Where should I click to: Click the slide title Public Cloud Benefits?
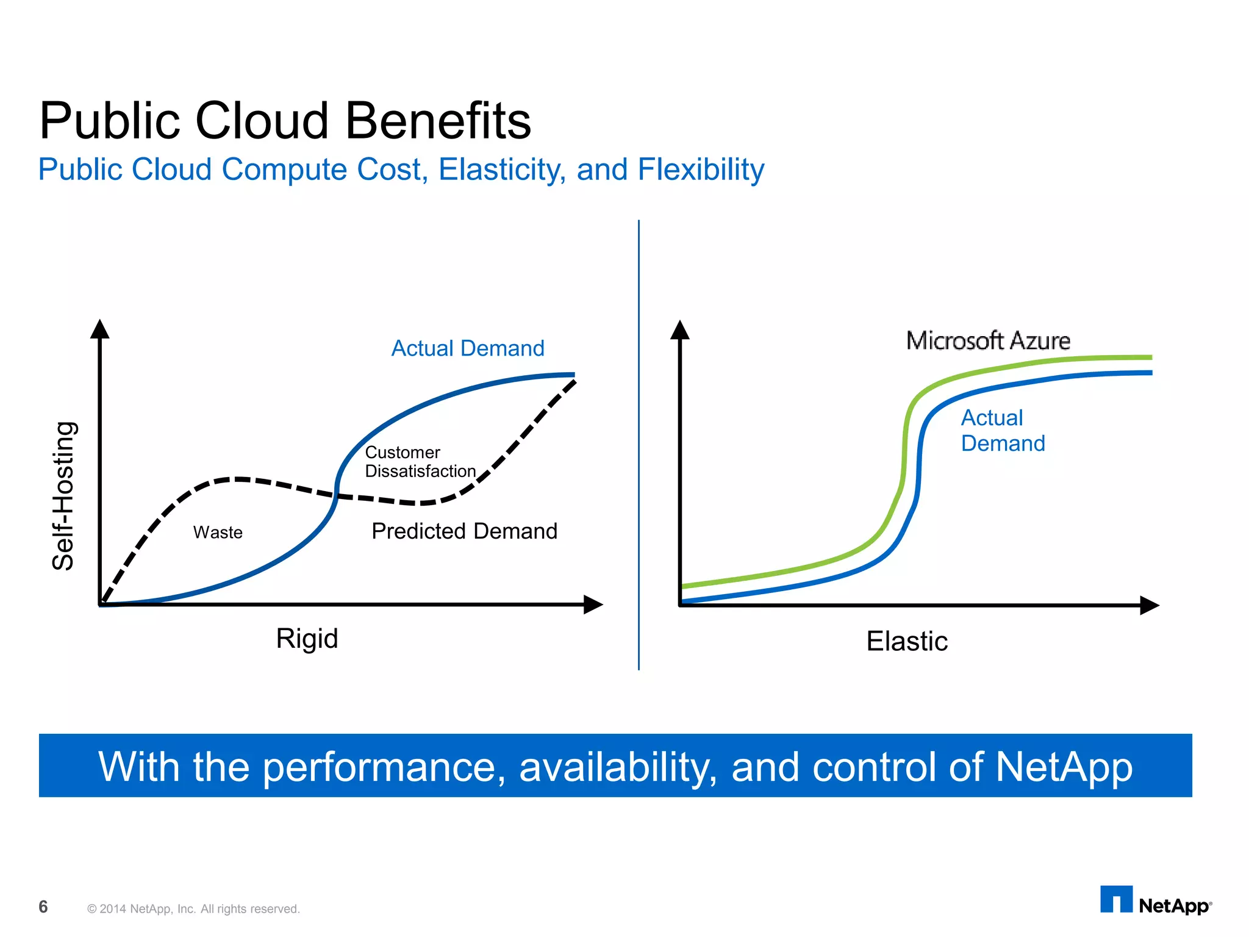(x=285, y=121)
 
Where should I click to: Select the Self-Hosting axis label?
(x=63, y=495)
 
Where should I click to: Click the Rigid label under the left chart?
(x=307, y=639)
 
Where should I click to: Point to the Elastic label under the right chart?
(x=907, y=641)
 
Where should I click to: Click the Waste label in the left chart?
(x=218, y=533)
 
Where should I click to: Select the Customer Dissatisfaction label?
(x=420, y=462)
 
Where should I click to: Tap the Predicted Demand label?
(x=464, y=531)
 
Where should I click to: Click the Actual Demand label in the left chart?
(x=468, y=348)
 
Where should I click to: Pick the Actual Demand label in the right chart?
(x=1003, y=431)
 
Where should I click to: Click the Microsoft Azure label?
(x=988, y=340)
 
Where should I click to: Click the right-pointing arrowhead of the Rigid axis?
(x=593, y=605)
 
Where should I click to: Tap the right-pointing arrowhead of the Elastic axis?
(x=1149, y=605)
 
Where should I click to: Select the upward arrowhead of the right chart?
(x=680, y=329)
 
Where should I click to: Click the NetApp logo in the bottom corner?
(x=1155, y=902)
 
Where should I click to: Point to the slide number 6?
(x=43, y=907)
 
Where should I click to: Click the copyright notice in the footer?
(x=193, y=909)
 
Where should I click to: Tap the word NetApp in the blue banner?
(x=1064, y=767)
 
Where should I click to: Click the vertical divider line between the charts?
(x=639, y=445)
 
